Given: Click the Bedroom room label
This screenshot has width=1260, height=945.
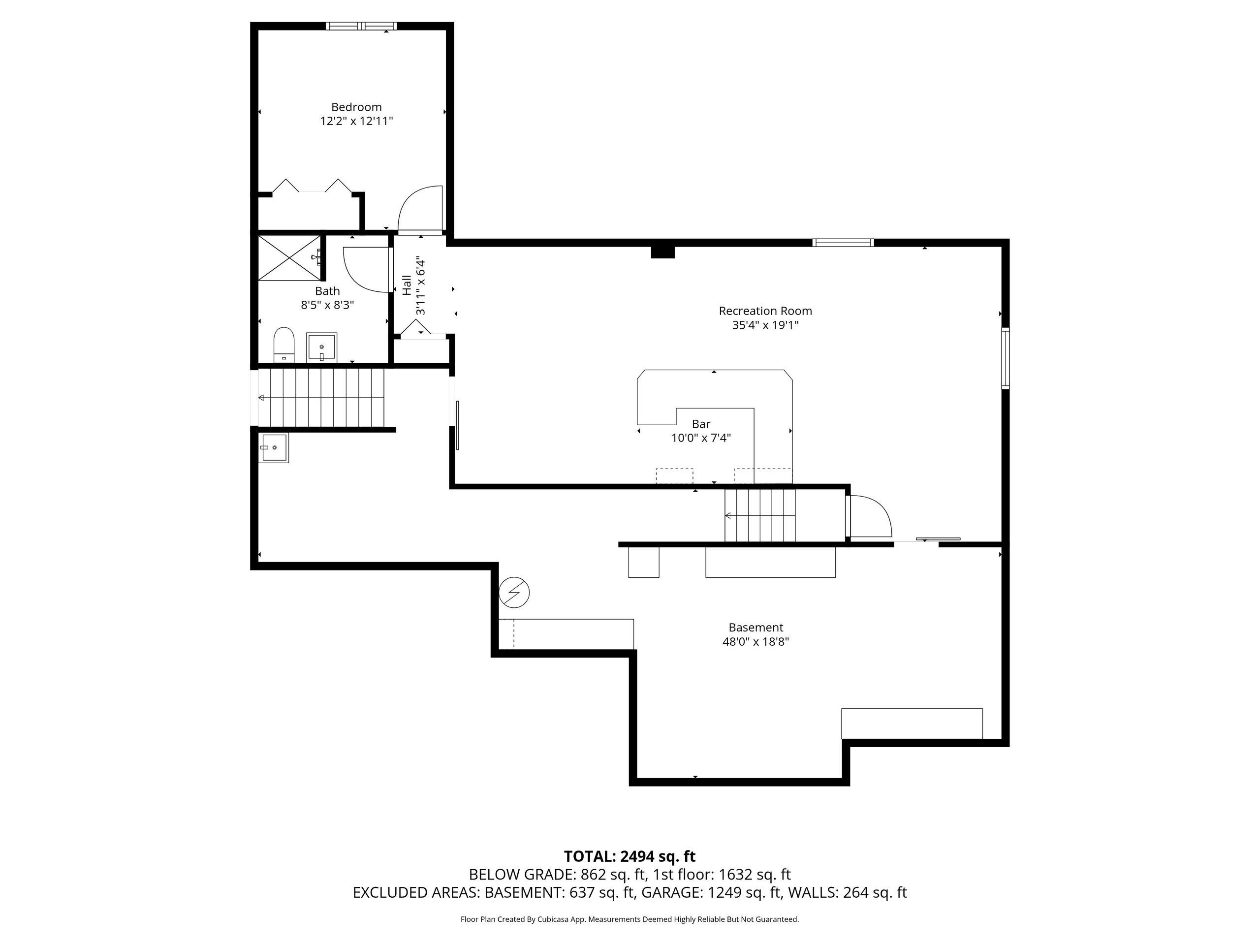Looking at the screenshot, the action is [x=356, y=107].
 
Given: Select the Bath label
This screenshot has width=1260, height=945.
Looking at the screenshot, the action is [x=327, y=291].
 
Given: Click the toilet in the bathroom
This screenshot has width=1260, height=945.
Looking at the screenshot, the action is [x=283, y=345].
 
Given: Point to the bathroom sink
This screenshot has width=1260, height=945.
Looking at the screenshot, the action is [x=322, y=347].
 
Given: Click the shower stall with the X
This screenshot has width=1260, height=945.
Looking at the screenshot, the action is [x=290, y=257].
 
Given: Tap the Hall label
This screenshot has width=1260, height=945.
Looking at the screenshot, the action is [x=407, y=285].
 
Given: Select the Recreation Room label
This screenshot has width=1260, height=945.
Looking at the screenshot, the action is [x=765, y=311].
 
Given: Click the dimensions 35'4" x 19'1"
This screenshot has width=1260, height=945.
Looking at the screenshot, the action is [x=765, y=325].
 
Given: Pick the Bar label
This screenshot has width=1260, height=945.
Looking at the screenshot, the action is [x=701, y=424].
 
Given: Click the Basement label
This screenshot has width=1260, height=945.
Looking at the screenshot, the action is [x=756, y=628].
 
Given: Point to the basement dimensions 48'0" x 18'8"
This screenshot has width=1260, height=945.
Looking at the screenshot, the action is [x=756, y=642].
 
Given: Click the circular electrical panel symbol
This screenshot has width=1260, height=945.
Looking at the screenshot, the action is [x=514, y=593].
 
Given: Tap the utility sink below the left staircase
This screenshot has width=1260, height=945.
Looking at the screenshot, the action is [x=274, y=448].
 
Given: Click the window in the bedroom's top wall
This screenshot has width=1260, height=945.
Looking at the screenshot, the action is [x=361, y=26].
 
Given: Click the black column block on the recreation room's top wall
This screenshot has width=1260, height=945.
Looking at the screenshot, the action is [x=663, y=252].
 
